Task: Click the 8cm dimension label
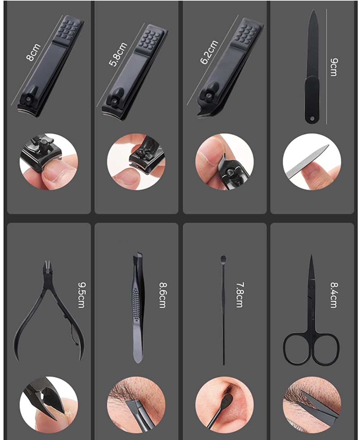point(33,52)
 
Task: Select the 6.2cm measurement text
point(209,52)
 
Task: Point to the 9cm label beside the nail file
point(334,67)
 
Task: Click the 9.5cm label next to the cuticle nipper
point(81,295)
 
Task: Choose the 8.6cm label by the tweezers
point(163,295)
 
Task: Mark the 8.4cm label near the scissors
point(334,295)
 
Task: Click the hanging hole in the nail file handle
point(312,118)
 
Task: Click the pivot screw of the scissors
point(311,287)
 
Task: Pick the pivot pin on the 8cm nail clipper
point(29,99)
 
